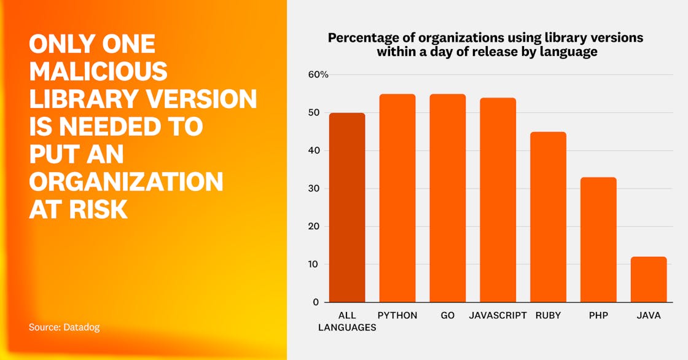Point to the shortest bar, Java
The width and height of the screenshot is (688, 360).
coord(649,280)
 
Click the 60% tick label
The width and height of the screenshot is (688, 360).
coord(318,74)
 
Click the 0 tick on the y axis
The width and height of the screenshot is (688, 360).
coord(316,302)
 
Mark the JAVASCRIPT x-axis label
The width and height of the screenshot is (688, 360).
coord(498,315)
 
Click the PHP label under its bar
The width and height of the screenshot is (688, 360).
coord(599,315)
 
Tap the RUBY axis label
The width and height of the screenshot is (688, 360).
coord(549,315)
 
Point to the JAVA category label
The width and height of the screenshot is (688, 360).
coord(649,315)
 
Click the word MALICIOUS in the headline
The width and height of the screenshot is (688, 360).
coord(98,71)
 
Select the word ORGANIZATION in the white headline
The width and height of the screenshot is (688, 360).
coord(126,181)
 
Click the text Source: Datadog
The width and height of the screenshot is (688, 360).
coord(64,327)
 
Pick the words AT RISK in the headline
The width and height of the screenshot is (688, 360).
coord(78,209)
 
